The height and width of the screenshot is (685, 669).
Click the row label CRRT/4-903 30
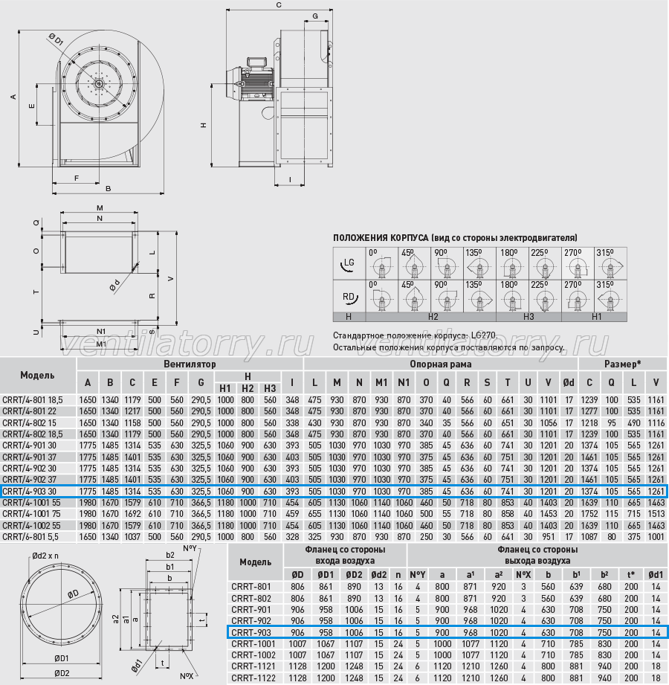(29, 491)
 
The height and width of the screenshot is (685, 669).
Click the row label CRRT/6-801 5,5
(30, 536)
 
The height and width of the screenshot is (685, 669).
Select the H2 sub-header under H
(248, 388)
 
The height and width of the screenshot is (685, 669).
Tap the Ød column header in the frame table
(569, 383)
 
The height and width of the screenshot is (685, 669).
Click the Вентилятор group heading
(190, 364)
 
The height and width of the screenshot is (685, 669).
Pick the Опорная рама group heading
(441, 364)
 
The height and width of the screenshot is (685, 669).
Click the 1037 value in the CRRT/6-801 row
(132, 536)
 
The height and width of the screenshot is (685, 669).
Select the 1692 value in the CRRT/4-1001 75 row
(132, 514)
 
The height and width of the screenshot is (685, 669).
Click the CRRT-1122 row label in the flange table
(253, 678)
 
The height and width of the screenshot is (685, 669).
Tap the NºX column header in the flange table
(523, 575)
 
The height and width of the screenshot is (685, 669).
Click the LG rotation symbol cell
(349, 263)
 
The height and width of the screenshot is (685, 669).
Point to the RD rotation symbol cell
(349, 297)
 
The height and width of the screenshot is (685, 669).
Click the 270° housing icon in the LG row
(578, 264)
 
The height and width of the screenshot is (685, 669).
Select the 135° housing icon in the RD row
(479, 297)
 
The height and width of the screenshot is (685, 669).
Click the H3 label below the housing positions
(529, 317)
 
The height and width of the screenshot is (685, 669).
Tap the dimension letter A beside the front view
(13, 97)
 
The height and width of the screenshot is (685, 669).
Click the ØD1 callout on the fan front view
(56, 39)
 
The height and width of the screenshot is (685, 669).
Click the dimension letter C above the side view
(279, 5)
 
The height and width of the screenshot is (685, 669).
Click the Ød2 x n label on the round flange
(45, 556)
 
